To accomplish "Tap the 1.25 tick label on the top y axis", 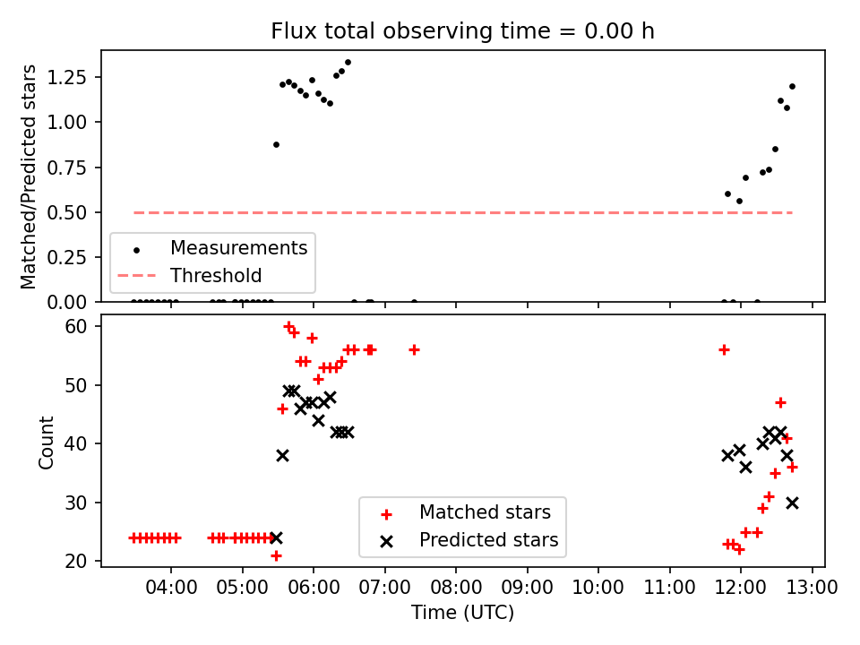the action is point(66,77).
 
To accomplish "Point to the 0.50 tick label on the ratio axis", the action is point(66,212).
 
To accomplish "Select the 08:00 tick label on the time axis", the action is point(456,588).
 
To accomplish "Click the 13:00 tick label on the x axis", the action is point(812,588).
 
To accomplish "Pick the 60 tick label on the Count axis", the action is point(76,326).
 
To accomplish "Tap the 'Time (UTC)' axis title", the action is point(463,613).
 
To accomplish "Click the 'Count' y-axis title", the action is point(46,442).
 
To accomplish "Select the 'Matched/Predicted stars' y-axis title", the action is point(28,176).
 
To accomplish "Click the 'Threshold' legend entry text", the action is point(216,275).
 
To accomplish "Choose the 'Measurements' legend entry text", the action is point(239,248).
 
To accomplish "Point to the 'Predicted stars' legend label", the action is point(489,540).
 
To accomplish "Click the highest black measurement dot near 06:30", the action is point(348,63).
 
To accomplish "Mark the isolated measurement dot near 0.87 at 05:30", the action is point(277,145).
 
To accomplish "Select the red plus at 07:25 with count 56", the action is point(414,350).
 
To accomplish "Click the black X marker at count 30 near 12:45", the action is point(792,503).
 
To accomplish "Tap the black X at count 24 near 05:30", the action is point(277,537).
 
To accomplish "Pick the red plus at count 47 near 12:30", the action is point(780,402).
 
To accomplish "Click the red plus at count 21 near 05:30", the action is point(277,555).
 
